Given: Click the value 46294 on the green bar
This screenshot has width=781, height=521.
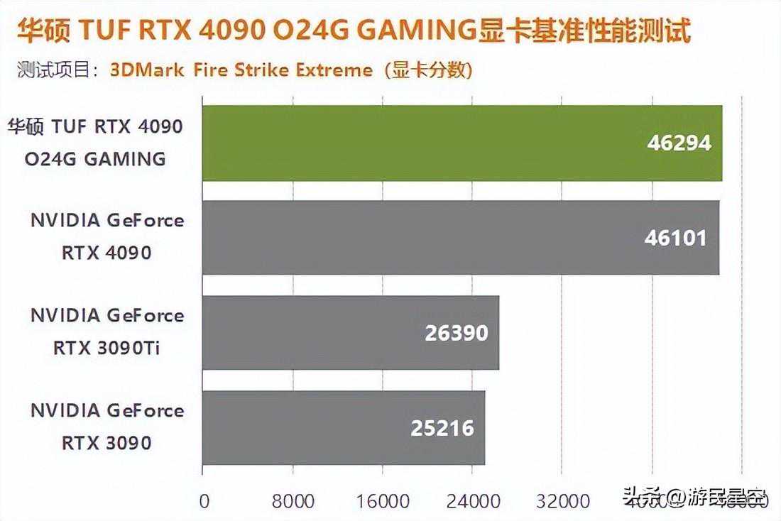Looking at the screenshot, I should [x=679, y=143].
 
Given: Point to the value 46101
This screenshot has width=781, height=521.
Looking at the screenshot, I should [x=675, y=237].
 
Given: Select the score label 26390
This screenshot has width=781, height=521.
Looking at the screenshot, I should [x=457, y=332].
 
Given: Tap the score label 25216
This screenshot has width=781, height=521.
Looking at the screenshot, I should [x=442, y=428].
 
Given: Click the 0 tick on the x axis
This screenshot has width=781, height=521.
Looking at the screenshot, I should [x=204, y=501].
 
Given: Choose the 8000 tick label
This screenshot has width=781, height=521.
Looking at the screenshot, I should [x=293, y=501].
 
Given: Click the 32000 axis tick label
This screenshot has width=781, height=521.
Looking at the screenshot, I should [x=563, y=501].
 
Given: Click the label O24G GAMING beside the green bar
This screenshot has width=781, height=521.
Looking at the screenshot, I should [x=95, y=158].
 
